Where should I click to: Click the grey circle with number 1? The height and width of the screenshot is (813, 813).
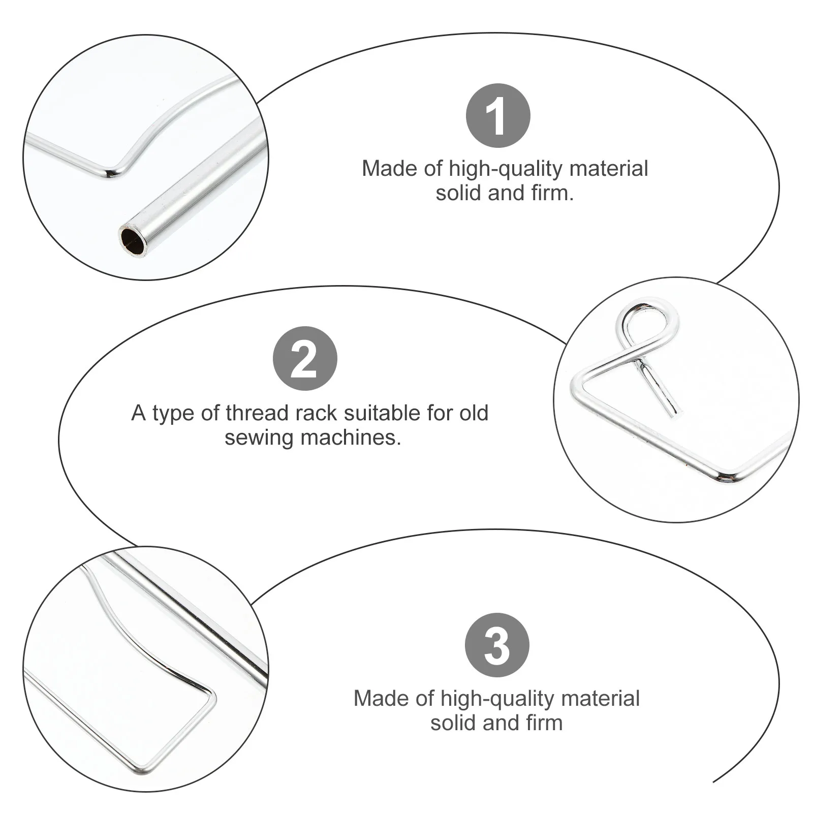[498, 116]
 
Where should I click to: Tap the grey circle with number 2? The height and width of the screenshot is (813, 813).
[305, 359]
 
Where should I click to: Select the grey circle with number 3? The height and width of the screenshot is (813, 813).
[497, 645]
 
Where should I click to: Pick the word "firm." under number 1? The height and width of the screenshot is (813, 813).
[553, 193]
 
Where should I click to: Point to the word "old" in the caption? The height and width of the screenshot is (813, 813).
[473, 413]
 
